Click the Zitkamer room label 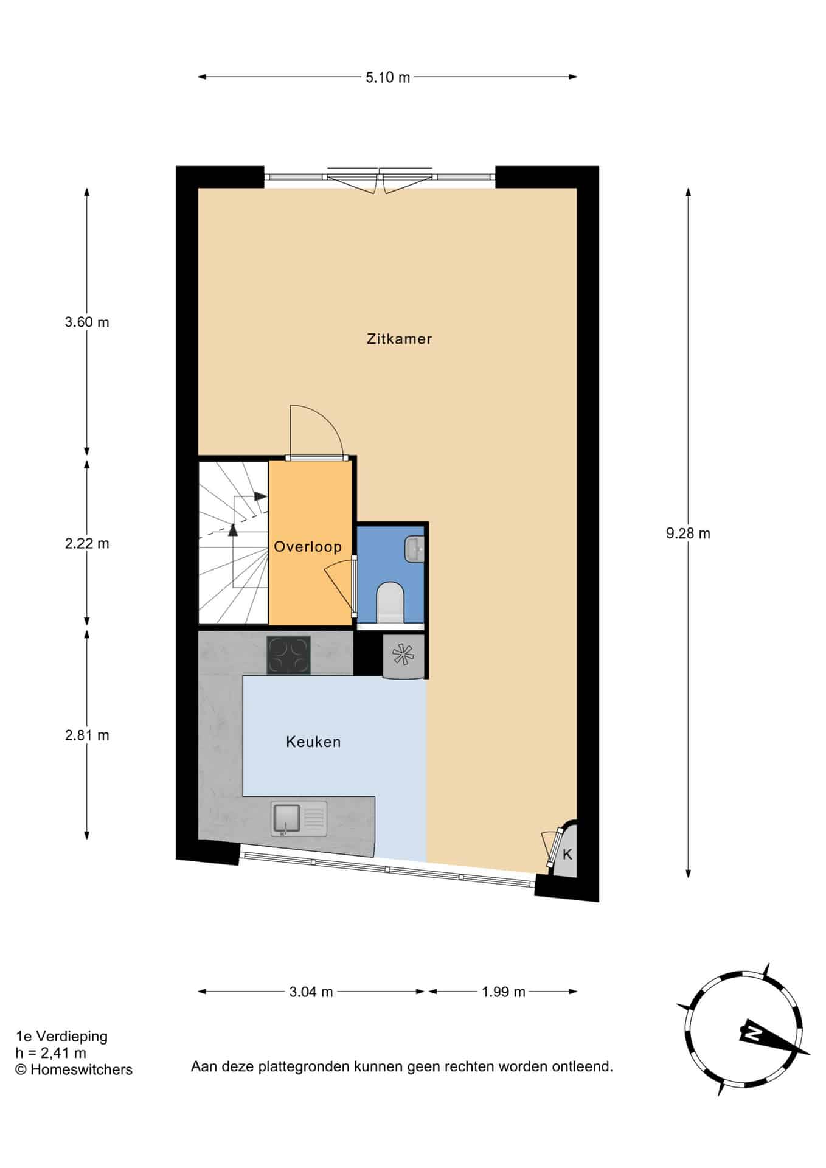[x=399, y=339]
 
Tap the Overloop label [x=308, y=546]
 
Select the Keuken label [x=313, y=742]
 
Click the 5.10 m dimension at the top [x=388, y=77]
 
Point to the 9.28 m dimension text [x=688, y=534]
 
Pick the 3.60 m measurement [x=87, y=322]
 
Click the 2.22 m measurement [x=87, y=543]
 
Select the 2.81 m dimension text [x=87, y=735]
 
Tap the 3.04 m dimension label [x=311, y=992]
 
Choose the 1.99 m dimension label [x=503, y=992]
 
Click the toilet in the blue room [x=390, y=602]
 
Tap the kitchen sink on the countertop [x=299, y=818]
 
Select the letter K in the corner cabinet [x=567, y=854]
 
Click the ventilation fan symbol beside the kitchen [x=403, y=655]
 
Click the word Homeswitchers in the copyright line [x=82, y=1086]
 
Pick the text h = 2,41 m [x=50, y=1069]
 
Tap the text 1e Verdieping [x=61, y=1053]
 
